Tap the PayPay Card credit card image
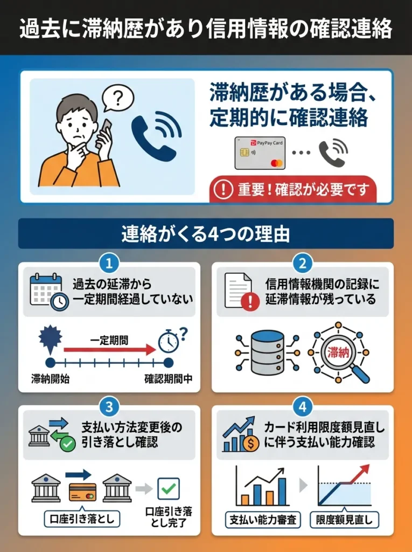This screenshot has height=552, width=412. point(260,153)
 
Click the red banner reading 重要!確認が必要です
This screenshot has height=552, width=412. point(293,190)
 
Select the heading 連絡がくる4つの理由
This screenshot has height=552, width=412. point(206,233)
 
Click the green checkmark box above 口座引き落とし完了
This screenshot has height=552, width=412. point(168,488)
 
